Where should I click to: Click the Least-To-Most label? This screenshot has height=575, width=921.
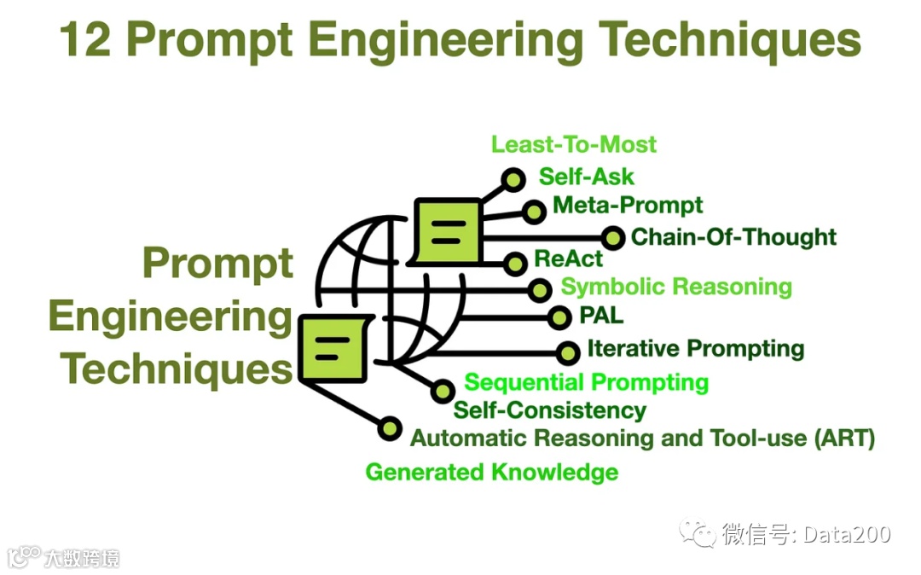pyautogui.click(x=574, y=144)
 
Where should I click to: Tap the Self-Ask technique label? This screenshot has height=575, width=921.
pyautogui.click(x=587, y=177)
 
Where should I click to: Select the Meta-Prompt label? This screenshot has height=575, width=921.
pyautogui.click(x=628, y=206)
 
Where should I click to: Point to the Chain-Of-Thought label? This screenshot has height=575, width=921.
pyautogui.click(x=734, y=236)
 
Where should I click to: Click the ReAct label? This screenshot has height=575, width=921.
pyautogui.click(x=569, y=258)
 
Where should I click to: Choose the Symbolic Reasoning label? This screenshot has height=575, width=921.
pyautogui.click(x=676, y=287)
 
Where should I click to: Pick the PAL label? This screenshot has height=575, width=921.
pyautogui.click(x=601, y=316)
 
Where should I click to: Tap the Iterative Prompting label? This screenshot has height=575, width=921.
pyautogui.click(x=696, y=349)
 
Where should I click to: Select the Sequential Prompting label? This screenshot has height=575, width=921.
pyautogui.click(x=587, y=382)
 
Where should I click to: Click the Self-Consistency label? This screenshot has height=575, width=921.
pyautogui.click(x=550, y=410)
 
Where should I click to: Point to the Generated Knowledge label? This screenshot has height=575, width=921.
pyautogui.click(x=492, y=472)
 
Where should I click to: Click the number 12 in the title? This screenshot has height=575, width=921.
pyautogui.click(x=86, y=40)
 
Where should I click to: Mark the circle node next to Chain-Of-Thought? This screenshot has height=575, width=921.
pyautogui.click(x=612, y=238)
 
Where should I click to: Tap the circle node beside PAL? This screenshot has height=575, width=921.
pyautogui.click(x=559, y=318)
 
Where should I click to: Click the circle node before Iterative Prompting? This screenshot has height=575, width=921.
pyautogui.click(x=568, y=352)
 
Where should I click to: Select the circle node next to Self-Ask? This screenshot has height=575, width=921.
pyautogui.click(x=513, y=180)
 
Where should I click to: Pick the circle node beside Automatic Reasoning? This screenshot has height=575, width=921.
pyautogui.click(x=390, y=428)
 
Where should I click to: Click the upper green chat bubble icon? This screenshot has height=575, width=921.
pyautogui.click(x=447, y=230)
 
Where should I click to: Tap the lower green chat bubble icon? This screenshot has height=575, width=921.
pyautogui.click(x=333, y=346)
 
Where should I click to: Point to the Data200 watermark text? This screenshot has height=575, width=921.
pyautogui.click(x=845, y=535)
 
